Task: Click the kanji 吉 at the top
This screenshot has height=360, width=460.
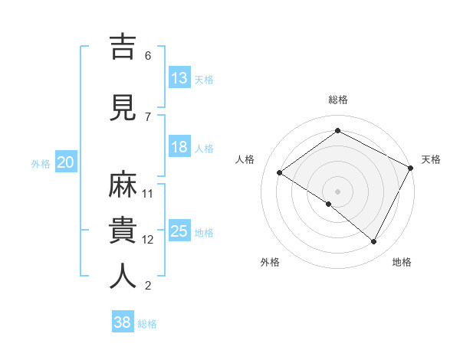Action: click(x=124, y=47)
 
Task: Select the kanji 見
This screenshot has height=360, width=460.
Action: click(x=124, y=109)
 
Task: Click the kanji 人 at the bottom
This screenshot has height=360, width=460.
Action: click(x=124, y=277)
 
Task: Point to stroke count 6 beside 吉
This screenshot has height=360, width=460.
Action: click(x=148, y=56)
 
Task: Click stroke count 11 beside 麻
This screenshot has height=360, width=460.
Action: click(x=148, y=193)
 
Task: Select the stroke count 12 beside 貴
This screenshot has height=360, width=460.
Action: click(x=148, y=240)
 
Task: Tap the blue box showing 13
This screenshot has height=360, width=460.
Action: click(x=179, y=78)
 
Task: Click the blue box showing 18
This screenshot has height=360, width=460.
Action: click(x=179, y=147)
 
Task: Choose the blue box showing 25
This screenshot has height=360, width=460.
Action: click(x=179, y=231)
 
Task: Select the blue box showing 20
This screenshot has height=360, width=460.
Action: click(x=65, y=162)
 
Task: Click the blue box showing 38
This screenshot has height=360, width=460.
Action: click(x=123, y=322)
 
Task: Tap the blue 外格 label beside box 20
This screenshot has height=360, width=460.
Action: click(x=41, y=163)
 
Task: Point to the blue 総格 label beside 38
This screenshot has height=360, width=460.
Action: click(x=147, y=324)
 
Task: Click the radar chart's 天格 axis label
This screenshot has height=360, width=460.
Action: click(x=431, y=159)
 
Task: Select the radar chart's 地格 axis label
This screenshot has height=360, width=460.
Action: click(x=402, y=262)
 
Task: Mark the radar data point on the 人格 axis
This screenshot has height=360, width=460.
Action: click(x=280, y=172)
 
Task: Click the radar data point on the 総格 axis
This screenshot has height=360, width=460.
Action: click(x=337, y=130)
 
